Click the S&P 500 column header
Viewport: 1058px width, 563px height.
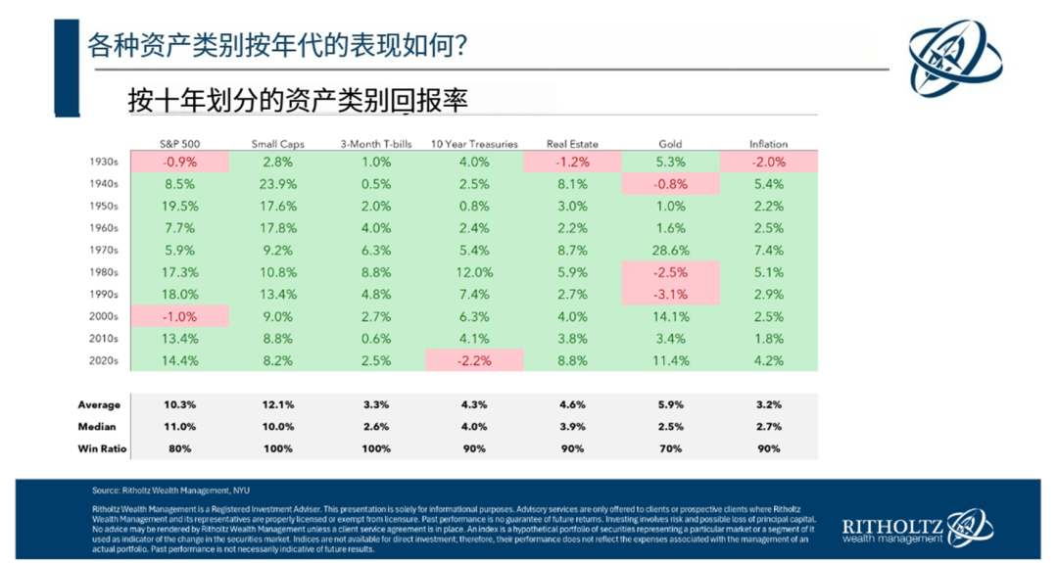pyautogui.click(x=178, y=144)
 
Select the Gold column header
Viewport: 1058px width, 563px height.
pyautogui.click(x=670, y=144)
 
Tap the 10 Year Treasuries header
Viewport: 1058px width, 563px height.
pyautogui.click(x=474, y=144)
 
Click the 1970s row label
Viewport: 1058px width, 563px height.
pyautogui.click(x=103, y=251)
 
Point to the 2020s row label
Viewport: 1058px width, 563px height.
pyautogui.click(x=103, y=360)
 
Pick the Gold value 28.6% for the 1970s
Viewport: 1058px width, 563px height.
pyautogui.click(x=670, y=251)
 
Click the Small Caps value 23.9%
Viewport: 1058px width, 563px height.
pyautogui.click(x=277, y=184)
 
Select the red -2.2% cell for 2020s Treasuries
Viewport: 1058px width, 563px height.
pyautogui.click(x=474, y=360)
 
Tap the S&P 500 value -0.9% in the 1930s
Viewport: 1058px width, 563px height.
pyautogui.click(x=179, y=163)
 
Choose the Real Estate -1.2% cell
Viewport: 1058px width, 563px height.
pyautogui.click(x=572, y=163)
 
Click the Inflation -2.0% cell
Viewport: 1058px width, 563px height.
pyautogui.click(x=768, y=163)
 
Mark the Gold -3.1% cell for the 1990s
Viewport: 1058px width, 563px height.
pyautogui.click(x=670, y=295)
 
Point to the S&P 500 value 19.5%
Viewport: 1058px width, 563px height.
pyautogui.click(x=179, y=207)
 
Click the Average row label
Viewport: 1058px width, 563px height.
pyautogui.click(x=99, y=404)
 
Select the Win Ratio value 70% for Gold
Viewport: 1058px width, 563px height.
pyautogui.click(x=670, y=448)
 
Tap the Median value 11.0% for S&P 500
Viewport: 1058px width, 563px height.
pyautogui.click(x=179, y=427)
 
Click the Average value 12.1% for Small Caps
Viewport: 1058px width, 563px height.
pyautogui.click(x=277, y=404)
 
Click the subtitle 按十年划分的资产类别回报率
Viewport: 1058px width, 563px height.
pyautogui.click(x=298, y=100)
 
